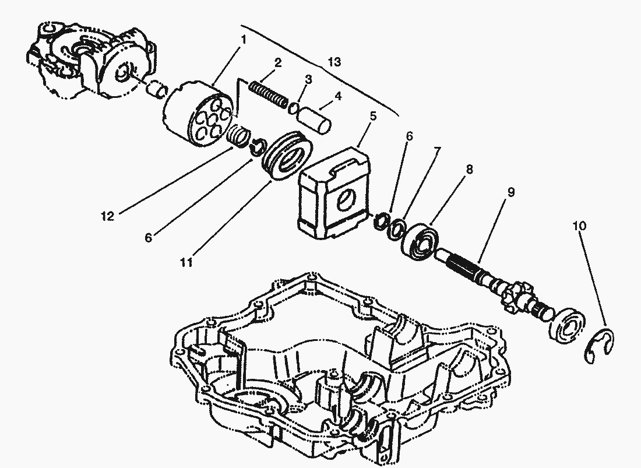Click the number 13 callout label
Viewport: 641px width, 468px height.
click(x=334, y=62)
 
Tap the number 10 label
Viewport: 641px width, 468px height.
click(x=580, y=226)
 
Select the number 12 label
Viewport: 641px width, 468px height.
click(x=107, y=216)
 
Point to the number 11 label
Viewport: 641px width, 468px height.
click(x=186, y=262)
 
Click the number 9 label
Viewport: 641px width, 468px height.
click(x=510, y=192)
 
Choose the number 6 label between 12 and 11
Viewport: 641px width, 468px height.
click(x=149, y=238)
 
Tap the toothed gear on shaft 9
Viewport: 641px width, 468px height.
click(x=514, y=296)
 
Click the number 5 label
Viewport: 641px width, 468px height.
click(x=373, y=117)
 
